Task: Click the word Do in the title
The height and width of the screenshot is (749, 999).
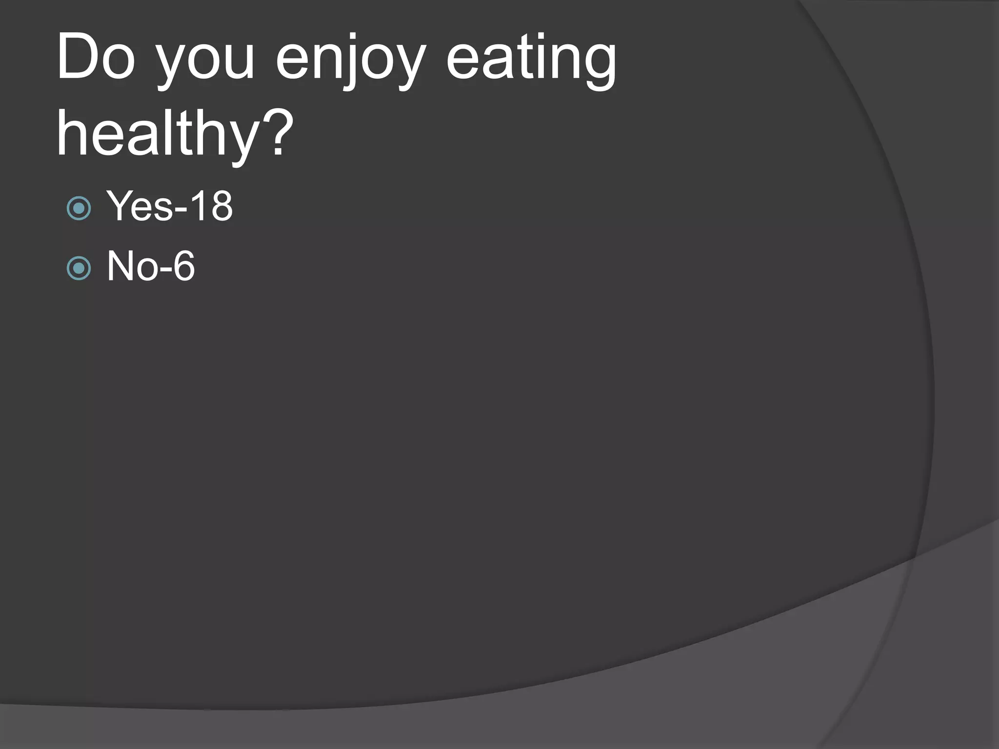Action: [x=96, y=58]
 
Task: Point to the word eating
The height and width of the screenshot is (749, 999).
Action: [x=532, y=61]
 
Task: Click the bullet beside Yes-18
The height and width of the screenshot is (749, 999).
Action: [x=79, y=209]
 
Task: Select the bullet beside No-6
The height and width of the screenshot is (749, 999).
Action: [x=79, y=268]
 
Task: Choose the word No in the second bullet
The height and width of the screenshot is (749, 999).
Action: [x=132, y=266]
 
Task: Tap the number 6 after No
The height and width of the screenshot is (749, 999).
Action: [x=184, y=266]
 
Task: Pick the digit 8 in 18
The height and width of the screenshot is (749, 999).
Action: [x=221, y=206]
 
